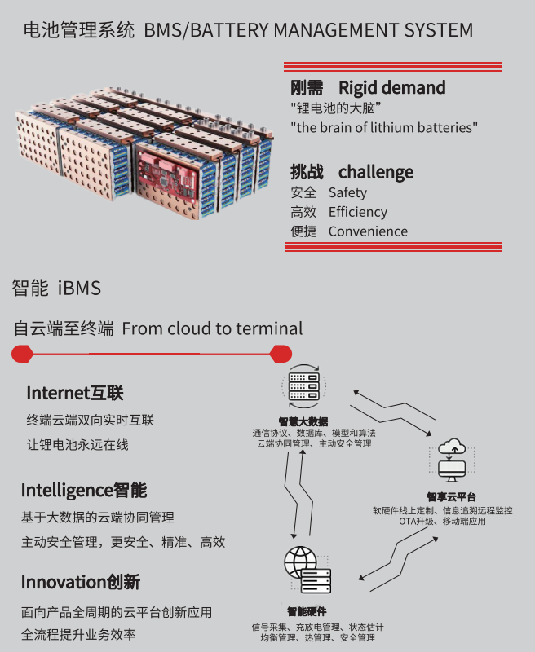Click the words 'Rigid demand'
[x=391, y=87]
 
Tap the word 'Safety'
[x=347, y=192]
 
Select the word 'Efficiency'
[x=357, y=212]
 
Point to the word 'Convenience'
[x=368, y=231]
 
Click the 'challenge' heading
[x=375, y=172]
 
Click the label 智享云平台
[x=451, y=496]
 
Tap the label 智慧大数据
[x=303, y=421]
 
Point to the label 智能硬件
[x=307, y=611]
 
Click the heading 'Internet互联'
[x=75, y=393]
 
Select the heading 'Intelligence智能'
[x=84, y=490]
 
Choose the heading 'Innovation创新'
[x=81, y=582]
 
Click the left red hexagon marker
[x=22, y=354]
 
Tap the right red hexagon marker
[x=281, y=354]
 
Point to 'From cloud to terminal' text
[x=212, y=328]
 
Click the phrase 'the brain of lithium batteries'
[x=384, y=127]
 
